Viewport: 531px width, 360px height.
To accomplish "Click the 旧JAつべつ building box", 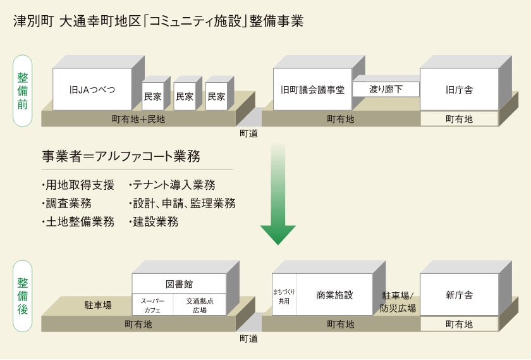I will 92,89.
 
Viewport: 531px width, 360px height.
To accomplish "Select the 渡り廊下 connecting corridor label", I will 386,89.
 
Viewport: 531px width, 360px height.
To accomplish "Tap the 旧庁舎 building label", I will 459,89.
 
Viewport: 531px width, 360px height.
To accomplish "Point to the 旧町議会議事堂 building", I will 312,89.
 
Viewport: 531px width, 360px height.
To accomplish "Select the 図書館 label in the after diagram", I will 179,283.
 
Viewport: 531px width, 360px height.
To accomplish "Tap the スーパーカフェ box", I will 152,305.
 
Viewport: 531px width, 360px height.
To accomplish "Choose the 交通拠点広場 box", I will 200,305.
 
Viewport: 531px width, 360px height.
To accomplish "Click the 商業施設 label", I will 334,295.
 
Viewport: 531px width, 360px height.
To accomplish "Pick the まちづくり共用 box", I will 284,295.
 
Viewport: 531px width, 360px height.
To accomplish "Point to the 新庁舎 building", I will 459,295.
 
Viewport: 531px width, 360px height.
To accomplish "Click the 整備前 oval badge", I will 23,90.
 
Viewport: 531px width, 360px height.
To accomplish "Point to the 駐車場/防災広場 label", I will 398,302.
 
